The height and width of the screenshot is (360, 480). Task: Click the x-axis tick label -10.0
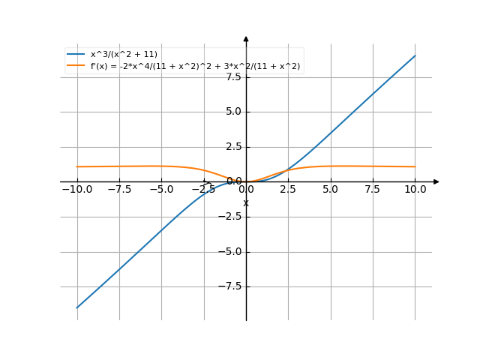coord(76,190)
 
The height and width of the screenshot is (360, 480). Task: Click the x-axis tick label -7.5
coord(118,190)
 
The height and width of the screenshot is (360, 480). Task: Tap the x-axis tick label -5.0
coord(161,190)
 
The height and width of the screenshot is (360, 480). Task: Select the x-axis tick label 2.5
coord(289,190)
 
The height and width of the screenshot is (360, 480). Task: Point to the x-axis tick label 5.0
coord(331,190)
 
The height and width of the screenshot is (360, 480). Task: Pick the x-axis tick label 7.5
coord(373,190)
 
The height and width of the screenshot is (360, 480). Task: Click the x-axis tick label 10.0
coord(415,190)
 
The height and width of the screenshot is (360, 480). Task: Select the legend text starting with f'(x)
coord(195,66)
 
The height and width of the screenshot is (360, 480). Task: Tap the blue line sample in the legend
coord(76,55)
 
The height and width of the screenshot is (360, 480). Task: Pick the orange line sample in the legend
coord(76,66)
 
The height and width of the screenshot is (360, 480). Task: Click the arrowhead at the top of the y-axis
coord(246,38)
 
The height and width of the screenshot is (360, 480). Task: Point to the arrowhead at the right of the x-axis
coord(436,181)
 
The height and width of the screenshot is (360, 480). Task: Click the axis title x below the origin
coord(245,202)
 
